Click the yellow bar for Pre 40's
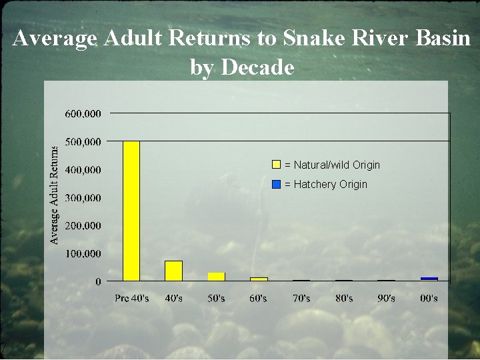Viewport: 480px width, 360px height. pyautogui.click(x=131, y=211)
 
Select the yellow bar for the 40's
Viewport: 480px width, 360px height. pyautogui.click(x=173, y=271)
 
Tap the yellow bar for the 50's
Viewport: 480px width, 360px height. pyautogui.click(x=216, y=277)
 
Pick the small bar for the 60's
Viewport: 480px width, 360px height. pyautogui.click(x=259, y=279)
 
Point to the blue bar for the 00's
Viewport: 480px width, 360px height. pyautogui.click(x=429, y=279)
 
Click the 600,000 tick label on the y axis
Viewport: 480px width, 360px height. pyautogui.click(x=83, y=113)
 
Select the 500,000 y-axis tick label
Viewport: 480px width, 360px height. pyautogui.click(x=83, y=141)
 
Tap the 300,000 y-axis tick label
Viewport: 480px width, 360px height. pyautogui.click(x=83, y=197)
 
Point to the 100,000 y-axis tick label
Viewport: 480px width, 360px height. pyautogui.click(x=83, y=253)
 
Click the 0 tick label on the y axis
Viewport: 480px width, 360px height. pyautogui.click(x=98, y=281)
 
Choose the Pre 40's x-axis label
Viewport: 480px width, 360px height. pyautogui.click(x=131, y=298)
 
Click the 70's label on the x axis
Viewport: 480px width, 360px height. pyautogui.click(x=301, y=298)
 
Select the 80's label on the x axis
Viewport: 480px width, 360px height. pyautogui.click(x=344, y=298)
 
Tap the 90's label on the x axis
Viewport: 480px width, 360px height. pyautogui.click(x=387, y=298)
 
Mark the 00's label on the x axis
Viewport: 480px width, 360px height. pyautogui.click(x=429, y=298)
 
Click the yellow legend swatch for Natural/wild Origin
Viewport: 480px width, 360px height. pyautogui.click(x=276, y=165)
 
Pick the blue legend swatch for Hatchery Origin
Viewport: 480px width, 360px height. pyautogui.click(x=276, y=184)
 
